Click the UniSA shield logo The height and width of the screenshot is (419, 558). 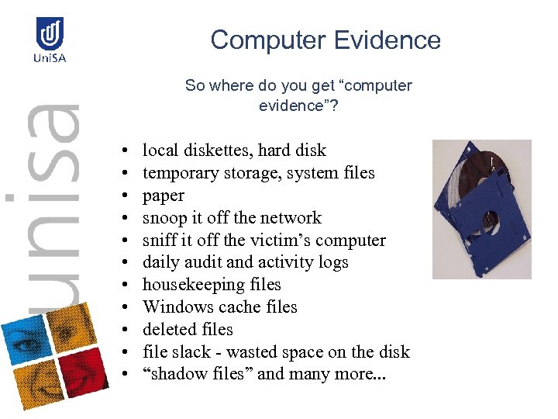tap(50, 33)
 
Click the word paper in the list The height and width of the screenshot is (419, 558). tap(164, 196)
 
